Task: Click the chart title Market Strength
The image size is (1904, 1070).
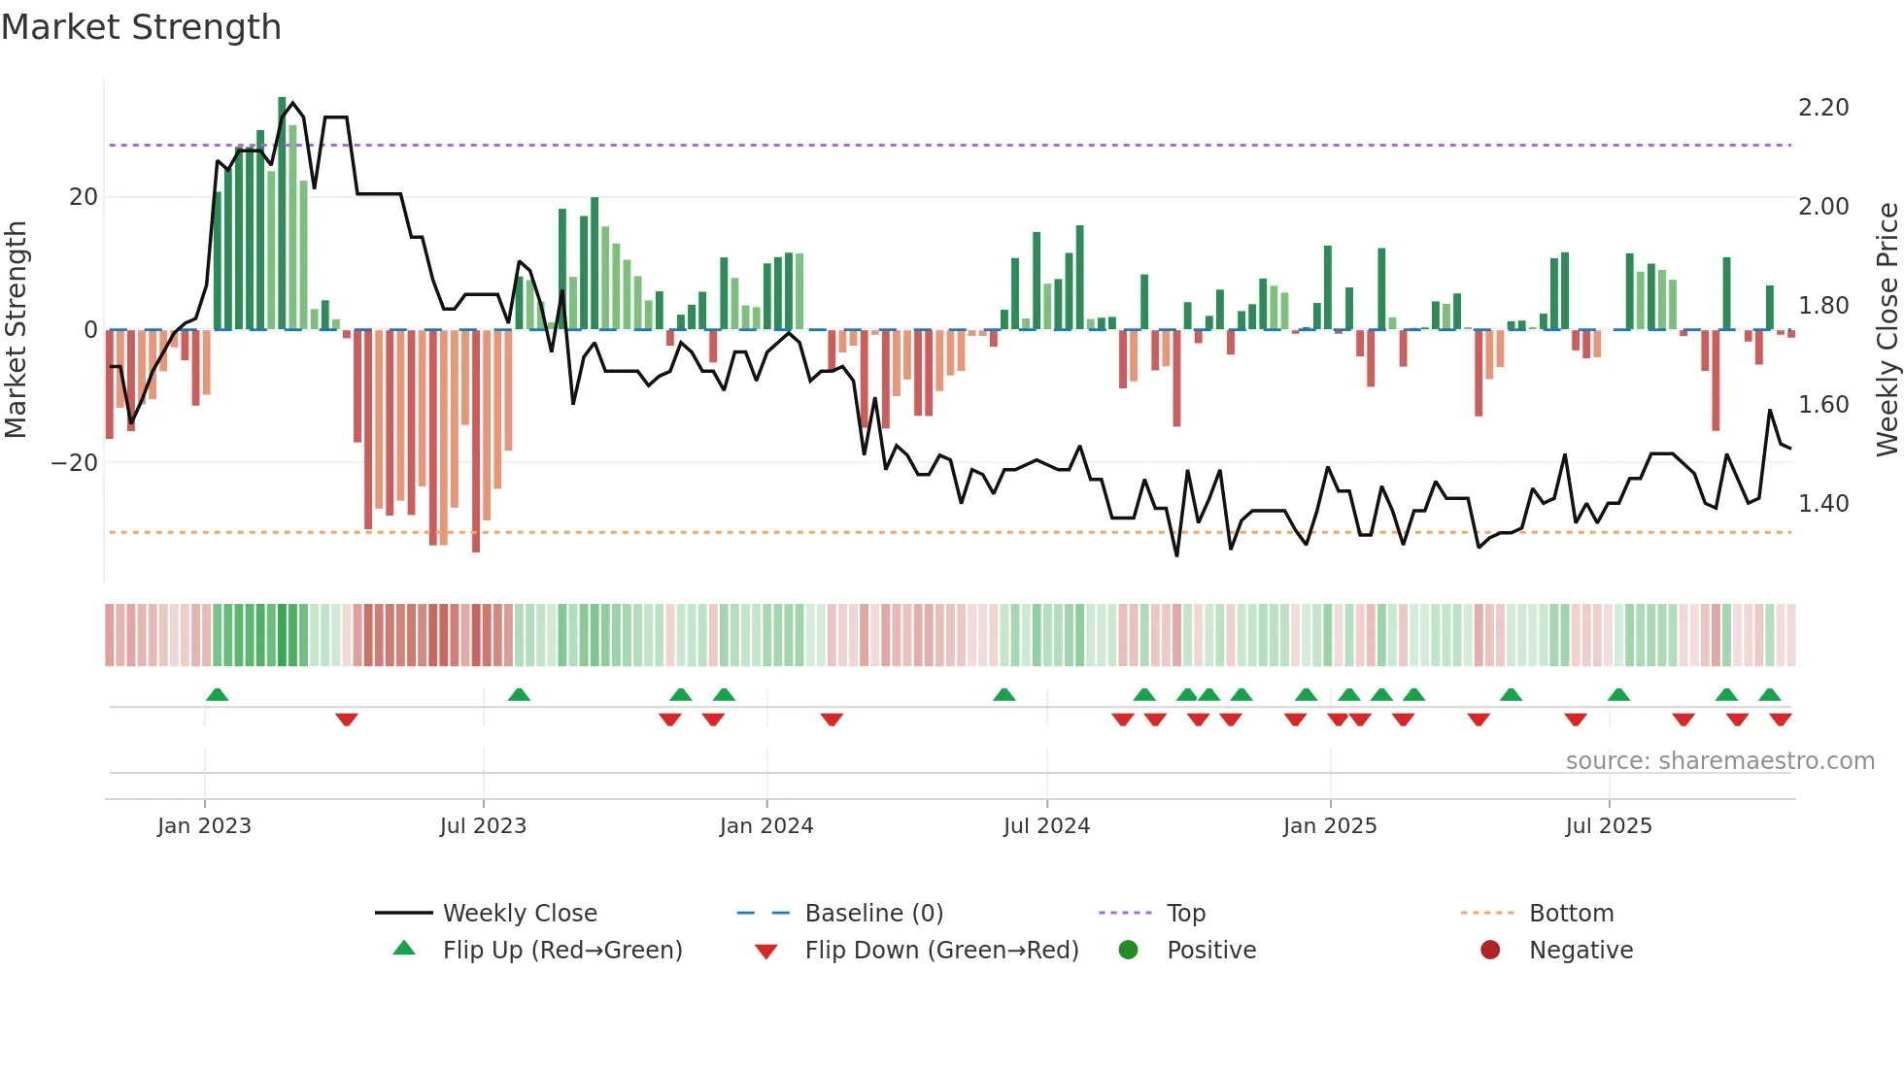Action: pos(141,27)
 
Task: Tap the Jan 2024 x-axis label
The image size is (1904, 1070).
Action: pos(765,826)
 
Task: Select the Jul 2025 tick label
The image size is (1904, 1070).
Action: pos(1608,826)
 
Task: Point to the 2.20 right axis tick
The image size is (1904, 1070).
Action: pos(1822,108)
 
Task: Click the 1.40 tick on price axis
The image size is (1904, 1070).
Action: pos(1822,504)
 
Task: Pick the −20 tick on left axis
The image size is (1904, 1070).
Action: pos(75,463)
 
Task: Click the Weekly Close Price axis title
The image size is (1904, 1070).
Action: pos(1887,330)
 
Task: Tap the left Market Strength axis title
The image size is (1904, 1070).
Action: pos(17,330)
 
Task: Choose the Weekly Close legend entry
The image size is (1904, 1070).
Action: pos(519,914)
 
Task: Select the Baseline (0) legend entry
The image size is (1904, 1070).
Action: pos(873,914)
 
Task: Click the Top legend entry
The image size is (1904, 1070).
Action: pos(1185,914)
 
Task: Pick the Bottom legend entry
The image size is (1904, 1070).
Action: pos(1571,914)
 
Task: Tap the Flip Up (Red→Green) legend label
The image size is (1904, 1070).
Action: pos(561,951)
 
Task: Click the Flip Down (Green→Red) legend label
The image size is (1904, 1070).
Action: pos(941,951)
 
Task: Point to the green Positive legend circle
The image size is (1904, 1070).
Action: pos(1128,951)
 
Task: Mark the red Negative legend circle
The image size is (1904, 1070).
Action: pos(1489,951)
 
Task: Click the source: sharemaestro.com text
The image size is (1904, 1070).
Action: pos(1719,761)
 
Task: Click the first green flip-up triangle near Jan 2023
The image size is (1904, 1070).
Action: pos(218,695)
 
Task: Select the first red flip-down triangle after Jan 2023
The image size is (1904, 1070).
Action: pos(347,719)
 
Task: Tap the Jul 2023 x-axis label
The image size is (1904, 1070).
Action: pos(483,826)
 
